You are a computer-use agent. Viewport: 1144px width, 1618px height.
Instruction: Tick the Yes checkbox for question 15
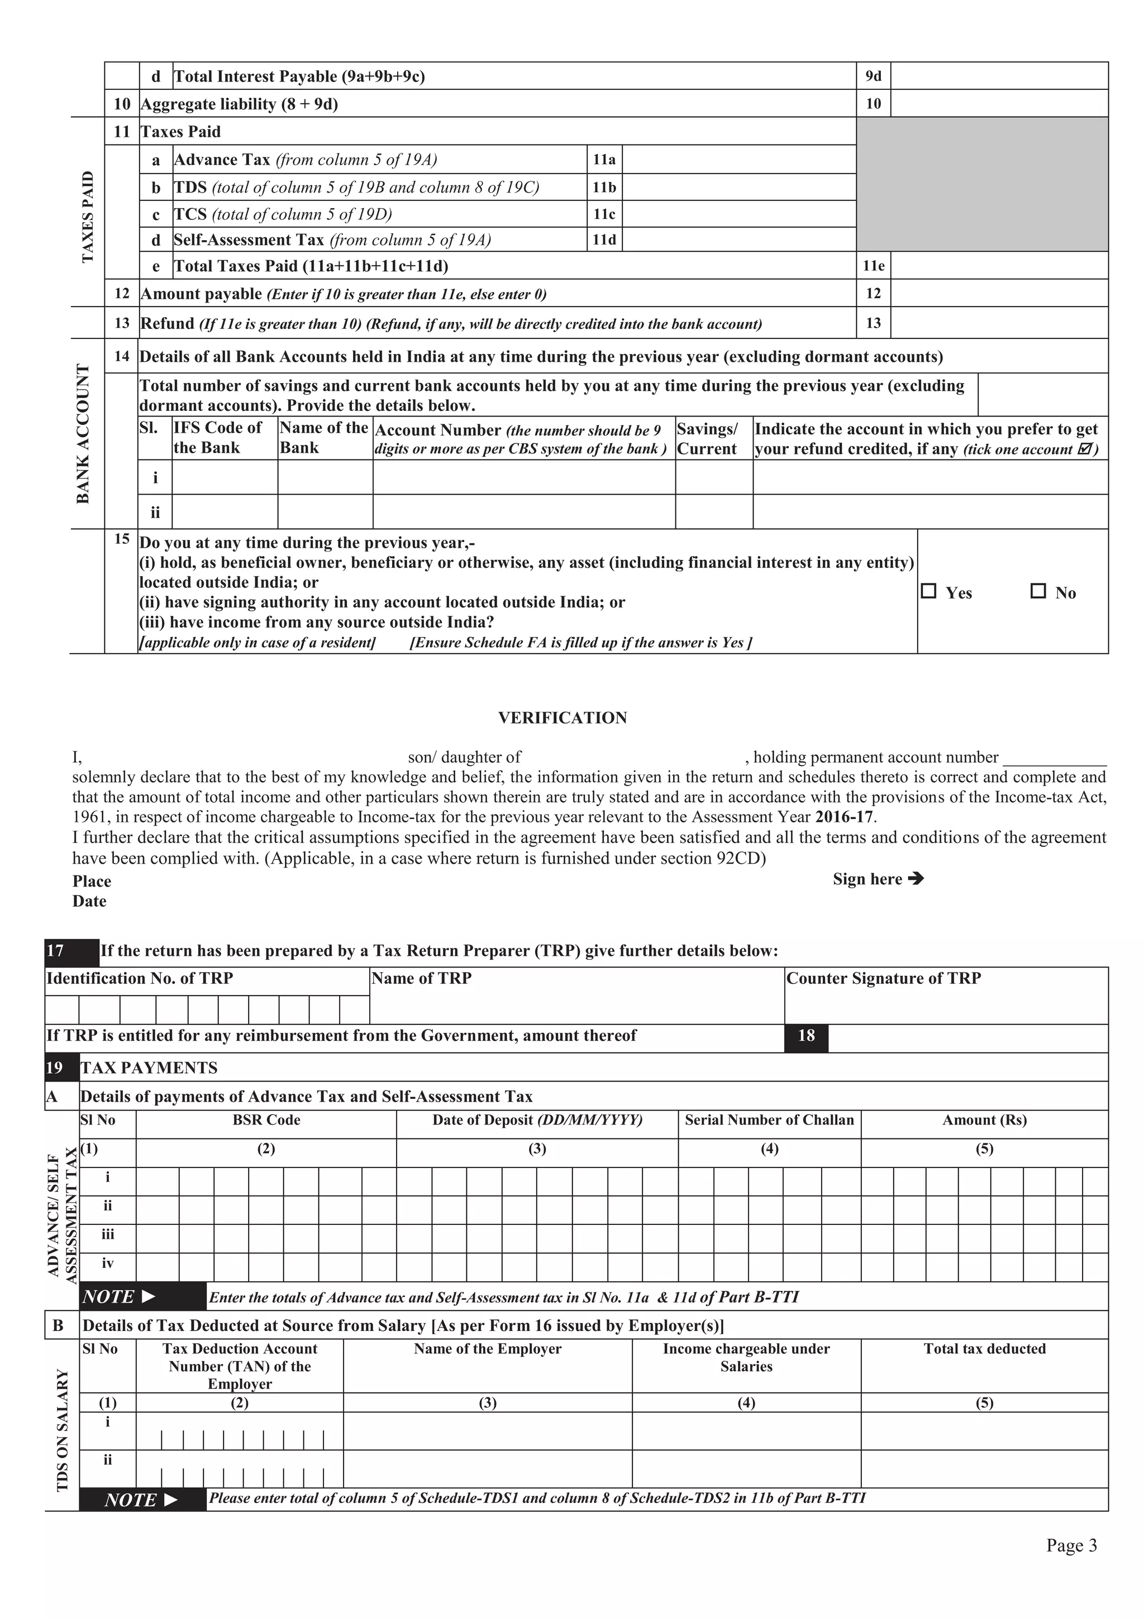(929, 591)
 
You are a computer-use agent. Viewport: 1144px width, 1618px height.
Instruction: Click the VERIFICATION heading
(562, 717)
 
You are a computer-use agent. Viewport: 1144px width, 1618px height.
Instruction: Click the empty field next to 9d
(999, 76)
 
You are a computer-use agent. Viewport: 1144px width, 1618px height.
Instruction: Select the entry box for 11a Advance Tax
(738, 160)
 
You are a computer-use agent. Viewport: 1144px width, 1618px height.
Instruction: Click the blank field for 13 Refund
(999, 323)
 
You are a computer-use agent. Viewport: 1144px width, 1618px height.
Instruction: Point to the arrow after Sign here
(916, 879)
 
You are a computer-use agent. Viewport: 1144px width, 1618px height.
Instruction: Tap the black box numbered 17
(71, 951)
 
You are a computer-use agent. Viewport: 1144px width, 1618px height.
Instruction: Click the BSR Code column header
(266, 1121)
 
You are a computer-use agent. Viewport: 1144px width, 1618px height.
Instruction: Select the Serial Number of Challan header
(769, 1121)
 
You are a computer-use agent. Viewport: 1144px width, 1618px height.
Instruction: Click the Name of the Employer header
(487, 1349)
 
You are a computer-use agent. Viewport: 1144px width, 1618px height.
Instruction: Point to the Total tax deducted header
(984, 1349)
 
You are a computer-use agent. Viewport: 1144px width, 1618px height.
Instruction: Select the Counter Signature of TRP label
(883, 978)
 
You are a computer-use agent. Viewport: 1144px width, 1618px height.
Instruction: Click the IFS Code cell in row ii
(225, 511)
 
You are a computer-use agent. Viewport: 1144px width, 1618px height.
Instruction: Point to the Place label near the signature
(92, 882)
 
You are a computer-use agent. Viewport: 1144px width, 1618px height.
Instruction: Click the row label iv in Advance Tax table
(108, 1263)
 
